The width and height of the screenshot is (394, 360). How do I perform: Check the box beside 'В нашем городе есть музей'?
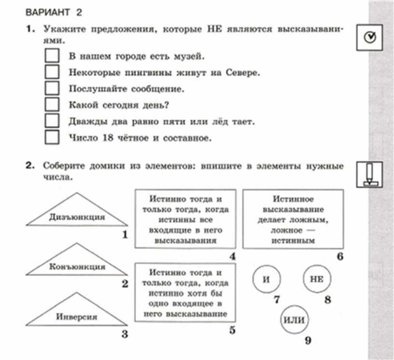click(x=52, y=55)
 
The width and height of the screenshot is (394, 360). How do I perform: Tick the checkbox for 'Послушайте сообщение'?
click(x=52, y=88)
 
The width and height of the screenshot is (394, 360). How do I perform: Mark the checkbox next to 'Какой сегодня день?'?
click(x=52, y=104)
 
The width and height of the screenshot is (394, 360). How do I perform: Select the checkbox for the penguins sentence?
click(x=52, y=72)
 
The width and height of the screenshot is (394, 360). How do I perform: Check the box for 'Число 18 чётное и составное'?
click(x=52, y=137)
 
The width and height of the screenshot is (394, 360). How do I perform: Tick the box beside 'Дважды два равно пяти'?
click(x=52, y=121)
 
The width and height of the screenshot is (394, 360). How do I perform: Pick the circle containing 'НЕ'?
click(x=317, y=279)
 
